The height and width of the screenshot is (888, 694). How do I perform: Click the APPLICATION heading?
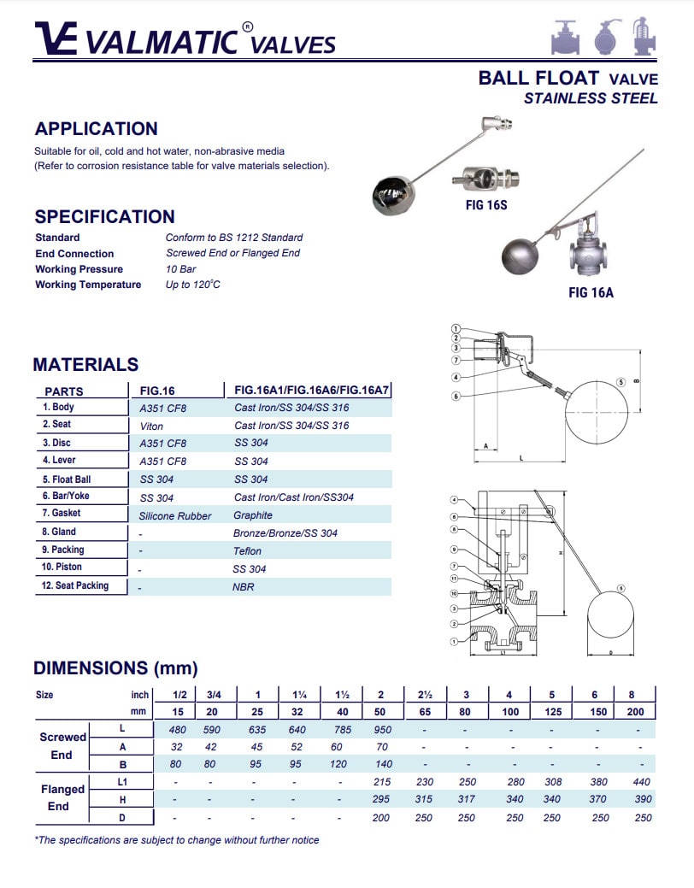coord(96,129)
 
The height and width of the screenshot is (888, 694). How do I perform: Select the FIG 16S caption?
coord(480,205)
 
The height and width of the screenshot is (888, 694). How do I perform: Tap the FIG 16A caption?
coord(591,293)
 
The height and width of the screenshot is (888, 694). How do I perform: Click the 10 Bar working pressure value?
coord(180,269)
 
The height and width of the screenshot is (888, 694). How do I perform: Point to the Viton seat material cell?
coord(151,426)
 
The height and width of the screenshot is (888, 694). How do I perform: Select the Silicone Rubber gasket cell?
coord(175,515)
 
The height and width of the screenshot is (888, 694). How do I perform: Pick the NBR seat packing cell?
coord(244,587)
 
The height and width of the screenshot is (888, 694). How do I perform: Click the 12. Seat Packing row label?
coord(76,586)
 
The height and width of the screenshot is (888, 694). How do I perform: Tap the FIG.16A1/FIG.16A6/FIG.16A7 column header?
coord(312,391)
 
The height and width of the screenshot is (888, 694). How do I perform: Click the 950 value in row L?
coord(381,730)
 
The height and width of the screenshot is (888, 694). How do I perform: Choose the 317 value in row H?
coord(466,799)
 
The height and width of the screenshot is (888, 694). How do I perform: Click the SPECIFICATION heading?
coord(104,217)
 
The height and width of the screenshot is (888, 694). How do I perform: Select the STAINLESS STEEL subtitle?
coord(591,98)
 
